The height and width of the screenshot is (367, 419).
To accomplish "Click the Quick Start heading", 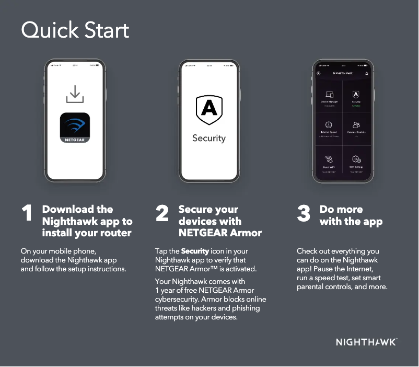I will (x=75, y=30).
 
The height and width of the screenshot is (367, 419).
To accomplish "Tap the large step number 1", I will (x=27, y=213).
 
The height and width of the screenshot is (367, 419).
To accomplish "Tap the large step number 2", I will (x=162, y=213).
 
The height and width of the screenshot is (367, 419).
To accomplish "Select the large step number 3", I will (x=304, y=213).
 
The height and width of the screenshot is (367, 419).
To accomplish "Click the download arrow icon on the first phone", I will (x=75, y=94).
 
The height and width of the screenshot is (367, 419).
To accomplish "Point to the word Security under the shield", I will (x=209, y=138).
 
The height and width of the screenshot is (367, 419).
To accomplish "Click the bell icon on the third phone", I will (x=366, y=73).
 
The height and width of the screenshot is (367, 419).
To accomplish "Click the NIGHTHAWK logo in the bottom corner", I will (x=366, y=342).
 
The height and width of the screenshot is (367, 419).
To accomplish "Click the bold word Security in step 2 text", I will (x=195, y=251).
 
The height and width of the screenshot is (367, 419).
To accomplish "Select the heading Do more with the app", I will (x=351, y=215).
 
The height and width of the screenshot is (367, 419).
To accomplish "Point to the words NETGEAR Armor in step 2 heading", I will (x=220, y=233).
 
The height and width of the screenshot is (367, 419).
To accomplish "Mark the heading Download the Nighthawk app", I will (x=87, y=221).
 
